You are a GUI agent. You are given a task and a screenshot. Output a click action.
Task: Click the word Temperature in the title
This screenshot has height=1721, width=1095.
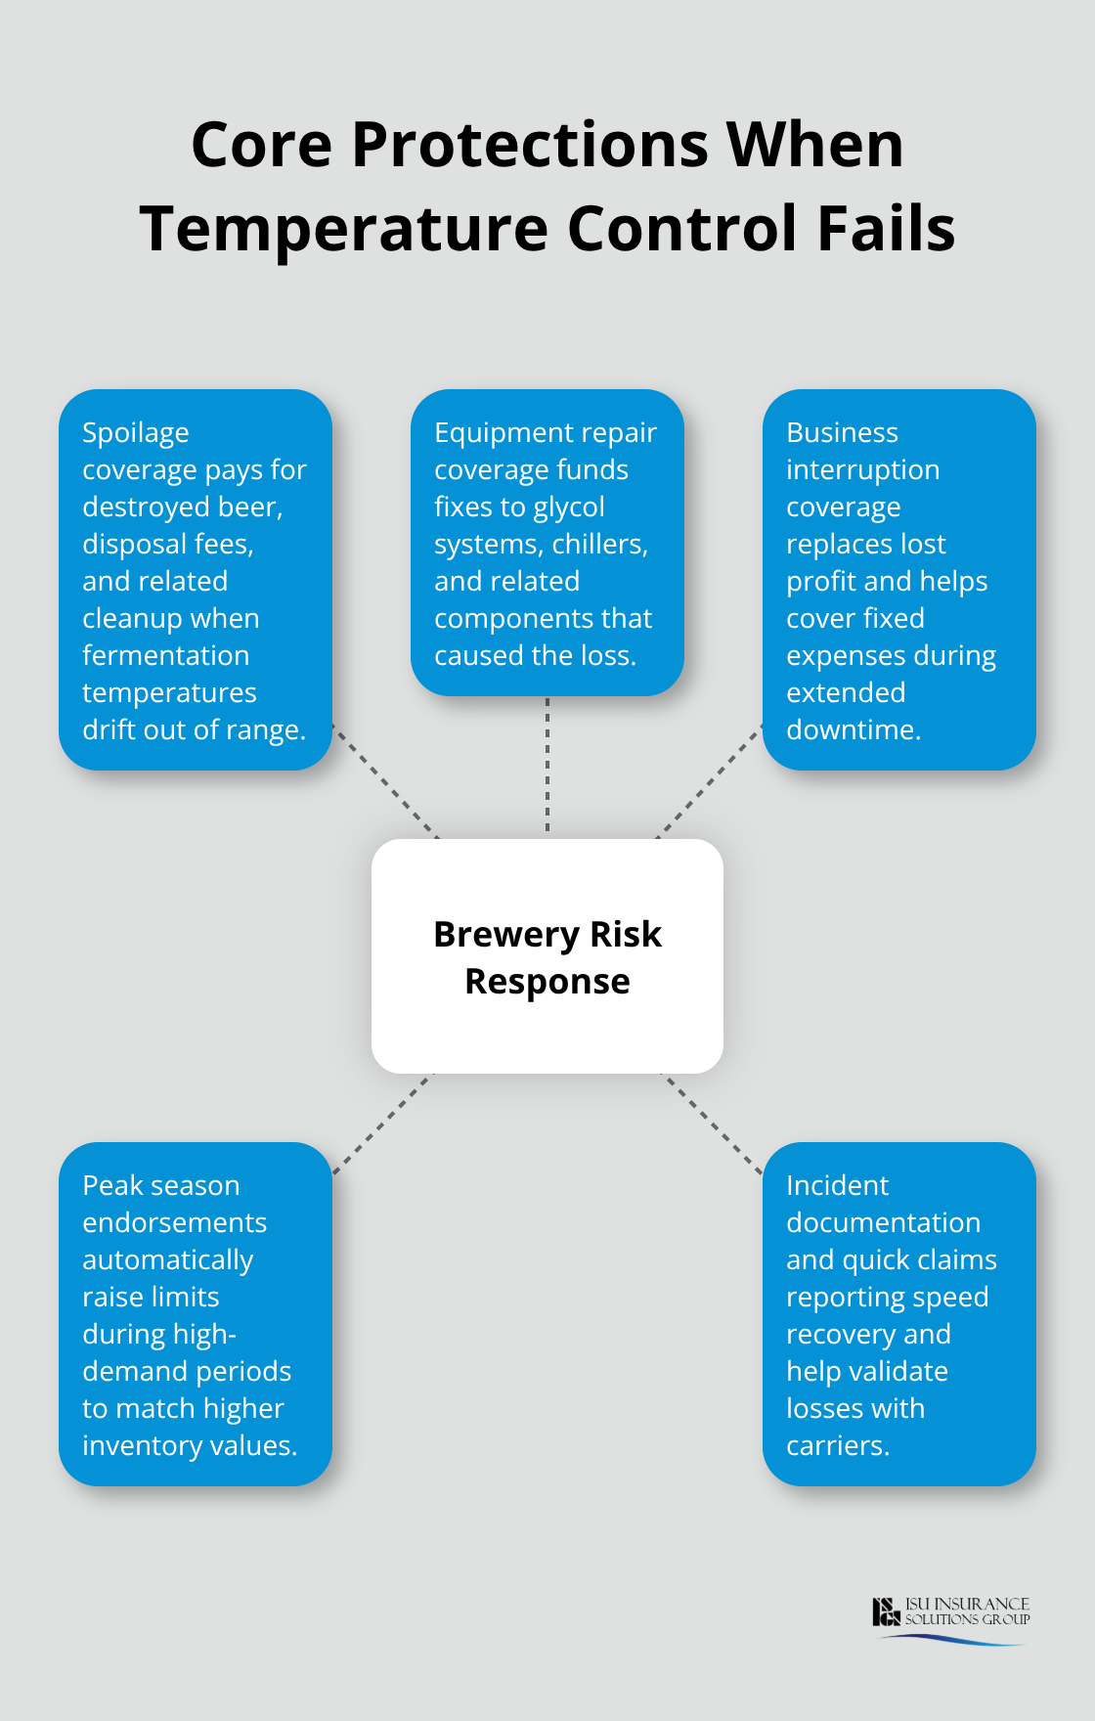(x=344, y=229)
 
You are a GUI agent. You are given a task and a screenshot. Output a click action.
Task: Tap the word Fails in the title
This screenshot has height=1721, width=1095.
(x=886, y=229)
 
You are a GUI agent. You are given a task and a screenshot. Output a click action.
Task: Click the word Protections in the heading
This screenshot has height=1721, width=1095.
(x=530, y=145)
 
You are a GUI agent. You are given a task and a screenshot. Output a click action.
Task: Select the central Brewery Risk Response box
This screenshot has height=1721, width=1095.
(x=547, y=956)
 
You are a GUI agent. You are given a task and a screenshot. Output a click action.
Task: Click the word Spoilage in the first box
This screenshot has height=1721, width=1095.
(x=136, y=432)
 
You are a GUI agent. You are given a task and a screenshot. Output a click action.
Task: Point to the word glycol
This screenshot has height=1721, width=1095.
(x=568, y=507)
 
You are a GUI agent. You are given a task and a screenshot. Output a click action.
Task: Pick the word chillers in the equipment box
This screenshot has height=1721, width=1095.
(x=599, y=544)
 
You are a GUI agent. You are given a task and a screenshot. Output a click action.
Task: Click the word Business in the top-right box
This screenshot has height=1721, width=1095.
(x=842, y=432)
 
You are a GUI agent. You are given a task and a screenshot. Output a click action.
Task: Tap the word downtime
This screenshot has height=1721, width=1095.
(x=853, y=729)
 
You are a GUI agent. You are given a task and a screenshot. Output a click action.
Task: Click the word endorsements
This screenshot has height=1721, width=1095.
(x=174, y=1222)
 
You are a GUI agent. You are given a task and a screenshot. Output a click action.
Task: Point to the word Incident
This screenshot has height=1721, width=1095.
(x=837, y=1185)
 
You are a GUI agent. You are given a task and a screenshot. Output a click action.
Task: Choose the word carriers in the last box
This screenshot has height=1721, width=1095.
(x=837, y=1445)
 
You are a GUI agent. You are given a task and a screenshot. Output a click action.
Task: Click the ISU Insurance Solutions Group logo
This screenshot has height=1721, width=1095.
(x=950, y=1619)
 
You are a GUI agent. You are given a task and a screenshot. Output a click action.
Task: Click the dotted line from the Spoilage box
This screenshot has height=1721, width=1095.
(x=385, y=782)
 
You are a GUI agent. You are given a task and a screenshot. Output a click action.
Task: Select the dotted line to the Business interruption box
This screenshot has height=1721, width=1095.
(x=709, y=782)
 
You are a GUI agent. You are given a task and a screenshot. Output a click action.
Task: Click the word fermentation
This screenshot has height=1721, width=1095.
(x=165, y=655)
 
